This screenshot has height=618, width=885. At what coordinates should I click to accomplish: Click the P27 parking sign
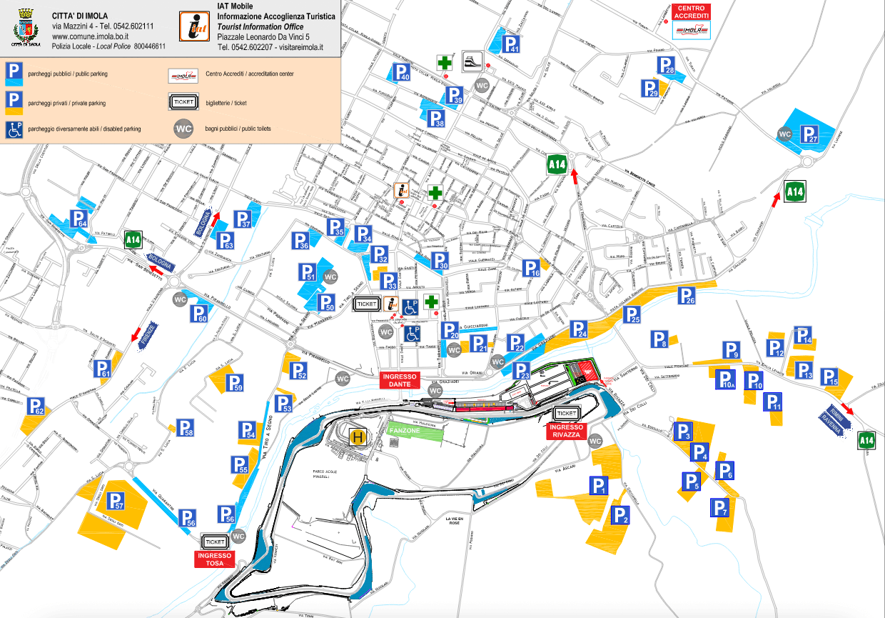809,134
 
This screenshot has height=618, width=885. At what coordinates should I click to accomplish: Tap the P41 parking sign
512,44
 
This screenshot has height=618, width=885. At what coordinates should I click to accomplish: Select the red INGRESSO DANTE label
400,380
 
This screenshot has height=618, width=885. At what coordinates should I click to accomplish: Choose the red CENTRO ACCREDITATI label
692,12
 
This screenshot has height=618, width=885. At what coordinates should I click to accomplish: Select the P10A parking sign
726,380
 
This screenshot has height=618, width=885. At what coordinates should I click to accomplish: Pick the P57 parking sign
116,502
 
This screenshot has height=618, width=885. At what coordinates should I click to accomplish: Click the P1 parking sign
598,486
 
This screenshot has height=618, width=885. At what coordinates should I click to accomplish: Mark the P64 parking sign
79,219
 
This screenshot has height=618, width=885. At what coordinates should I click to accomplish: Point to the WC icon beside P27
785,134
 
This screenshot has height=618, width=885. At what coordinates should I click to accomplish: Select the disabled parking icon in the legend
14,129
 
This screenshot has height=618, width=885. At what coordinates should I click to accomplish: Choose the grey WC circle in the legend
184,129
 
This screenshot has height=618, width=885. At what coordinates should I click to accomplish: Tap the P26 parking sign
687,295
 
